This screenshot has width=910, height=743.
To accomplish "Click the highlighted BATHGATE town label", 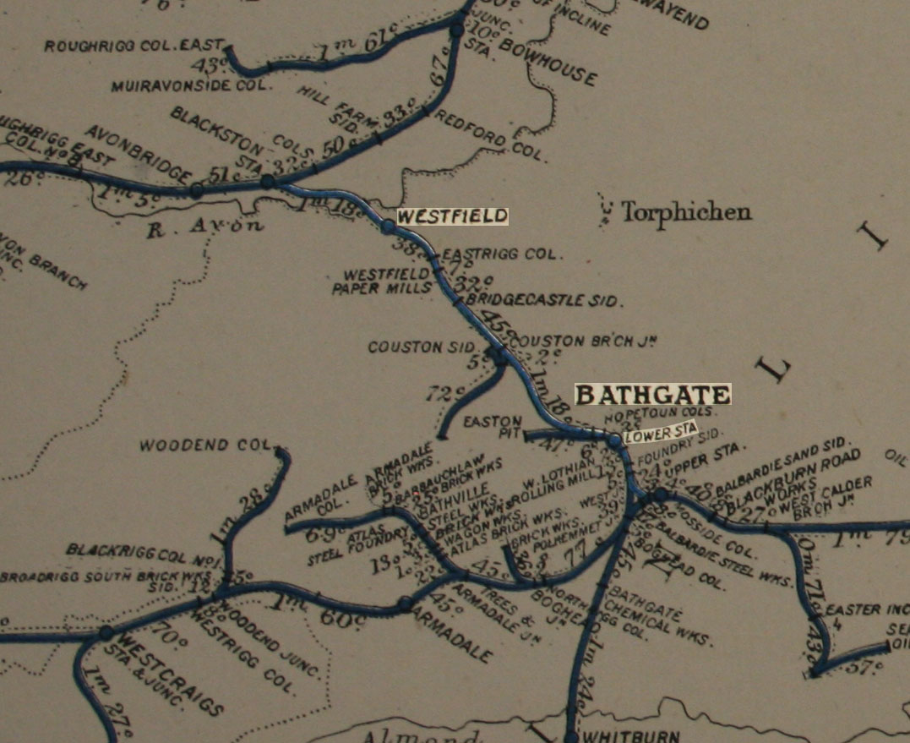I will point(652,395).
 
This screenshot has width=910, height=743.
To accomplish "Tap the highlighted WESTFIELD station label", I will point(452,216).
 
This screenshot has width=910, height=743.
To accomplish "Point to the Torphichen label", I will point(685,211).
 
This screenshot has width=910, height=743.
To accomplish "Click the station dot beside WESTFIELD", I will point(388,226).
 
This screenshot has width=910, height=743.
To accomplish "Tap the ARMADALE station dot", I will point(405,604).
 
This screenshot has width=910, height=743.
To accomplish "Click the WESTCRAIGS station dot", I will point(106,632).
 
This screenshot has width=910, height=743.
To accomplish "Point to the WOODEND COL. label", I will point(208,445).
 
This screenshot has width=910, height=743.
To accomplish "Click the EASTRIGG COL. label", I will point(500,254).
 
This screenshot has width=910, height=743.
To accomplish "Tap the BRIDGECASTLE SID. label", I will point(544,300).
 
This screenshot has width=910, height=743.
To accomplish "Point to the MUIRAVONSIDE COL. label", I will point(191,85).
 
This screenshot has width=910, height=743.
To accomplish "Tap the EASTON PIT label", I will point(484,426).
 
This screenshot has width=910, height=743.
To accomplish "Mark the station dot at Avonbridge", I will point(196,191).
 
